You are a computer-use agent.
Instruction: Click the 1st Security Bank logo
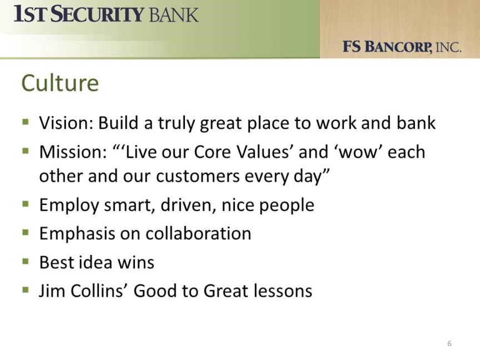[x=106, y=14]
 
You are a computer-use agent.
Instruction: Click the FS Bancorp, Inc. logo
[x=402, y=47]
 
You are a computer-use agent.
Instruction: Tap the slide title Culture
[x=60, y=83]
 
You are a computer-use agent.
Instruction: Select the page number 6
[x=449, y=343]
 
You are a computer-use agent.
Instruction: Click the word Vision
[x=66, y=123]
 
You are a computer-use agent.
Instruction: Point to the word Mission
[x=73, y=152]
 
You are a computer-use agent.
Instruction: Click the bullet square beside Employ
[x=26, y=204]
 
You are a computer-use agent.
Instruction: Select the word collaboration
[x=198, y=233]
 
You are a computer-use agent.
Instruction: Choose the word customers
[x=198, y=176]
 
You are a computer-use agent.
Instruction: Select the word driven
[x=188, y=205]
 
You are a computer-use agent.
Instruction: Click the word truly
[x=176, y=123]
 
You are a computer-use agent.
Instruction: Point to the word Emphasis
[x=77, y=234]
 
